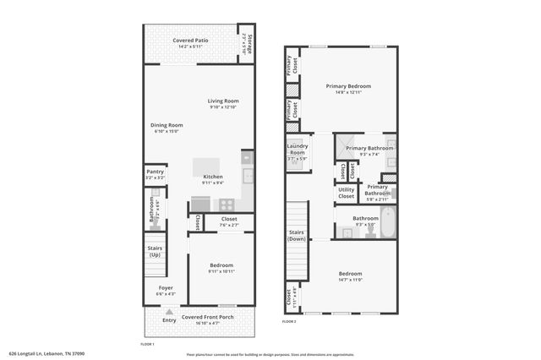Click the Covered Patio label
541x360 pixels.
coord(190,41)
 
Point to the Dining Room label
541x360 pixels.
coord(167,125)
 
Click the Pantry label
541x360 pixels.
coord(155,172)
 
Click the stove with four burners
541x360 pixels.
coord(227,204)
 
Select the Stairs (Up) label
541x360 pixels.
coord(155,252)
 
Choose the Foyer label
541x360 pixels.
coord(167,288)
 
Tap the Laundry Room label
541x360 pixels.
coord(296,150)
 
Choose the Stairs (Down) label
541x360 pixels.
coord(296,236)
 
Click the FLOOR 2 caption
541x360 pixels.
coord(290,322)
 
